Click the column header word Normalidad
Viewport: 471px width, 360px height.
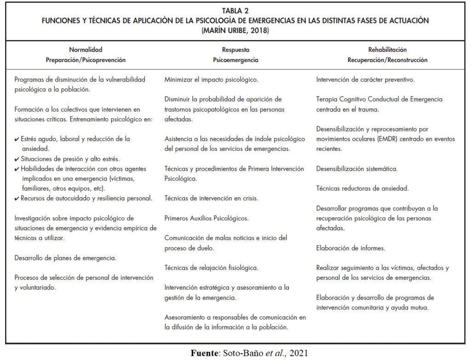pos(86,50)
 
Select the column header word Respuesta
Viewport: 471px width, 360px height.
pos(235,50)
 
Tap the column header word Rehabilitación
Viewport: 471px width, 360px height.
pos(388,50)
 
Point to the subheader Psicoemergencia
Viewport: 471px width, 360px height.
pos(235,60)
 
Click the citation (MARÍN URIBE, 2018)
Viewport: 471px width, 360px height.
pos(235,31)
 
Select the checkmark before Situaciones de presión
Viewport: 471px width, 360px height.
pos(17,159)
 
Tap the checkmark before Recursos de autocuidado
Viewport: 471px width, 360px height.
pos(17,198)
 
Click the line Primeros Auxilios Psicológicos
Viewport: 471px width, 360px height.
pos(207,218)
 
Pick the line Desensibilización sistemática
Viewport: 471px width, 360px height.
pos(357,169)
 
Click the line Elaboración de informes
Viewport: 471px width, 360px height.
pos(350,248)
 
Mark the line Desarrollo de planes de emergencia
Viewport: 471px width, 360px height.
pos(65,258)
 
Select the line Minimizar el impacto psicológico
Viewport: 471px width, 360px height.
pos(211,80)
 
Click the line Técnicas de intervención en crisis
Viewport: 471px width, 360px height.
pos(211,199)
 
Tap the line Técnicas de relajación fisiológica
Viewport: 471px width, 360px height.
pos(211,268)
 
